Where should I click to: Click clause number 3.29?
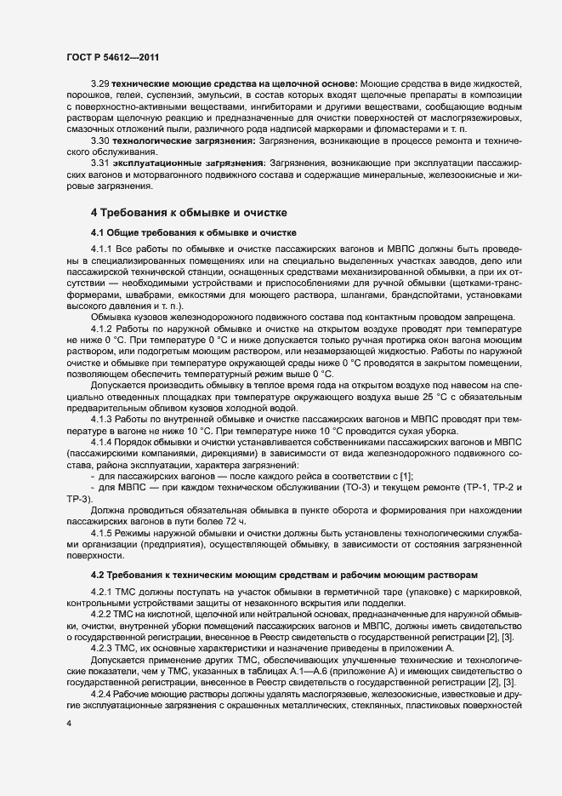[x=101, y=85]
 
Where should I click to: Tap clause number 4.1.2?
[x=104, y=329]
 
